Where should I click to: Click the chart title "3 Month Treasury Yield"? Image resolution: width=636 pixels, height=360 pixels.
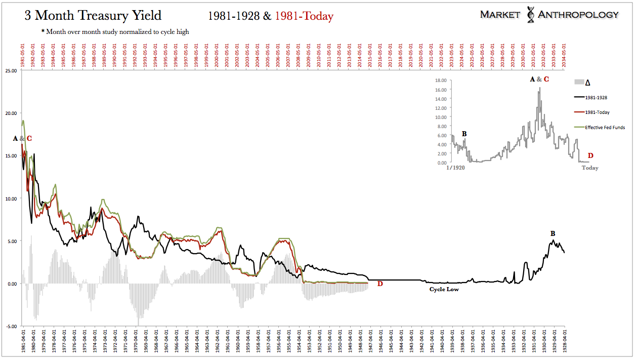tap(93, 16)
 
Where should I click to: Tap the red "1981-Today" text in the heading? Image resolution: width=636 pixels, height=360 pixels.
tap(304, 16)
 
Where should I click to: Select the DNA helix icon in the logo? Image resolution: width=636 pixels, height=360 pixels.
tap(530, 15)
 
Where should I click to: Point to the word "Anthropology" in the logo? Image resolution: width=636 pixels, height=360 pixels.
tap(578, 15)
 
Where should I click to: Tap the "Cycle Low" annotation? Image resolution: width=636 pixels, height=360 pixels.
tap(444, 289)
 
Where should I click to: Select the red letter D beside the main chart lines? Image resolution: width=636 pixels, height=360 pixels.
tap(380, 284)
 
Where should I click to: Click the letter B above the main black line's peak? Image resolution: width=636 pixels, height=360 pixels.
tap(553, 233)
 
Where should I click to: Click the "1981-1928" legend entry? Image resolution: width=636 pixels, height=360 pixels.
tap(596, 97)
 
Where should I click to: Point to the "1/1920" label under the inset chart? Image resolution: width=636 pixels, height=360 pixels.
tap(456, 168)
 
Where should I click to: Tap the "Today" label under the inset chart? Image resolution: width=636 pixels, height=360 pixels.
tap(589, 168)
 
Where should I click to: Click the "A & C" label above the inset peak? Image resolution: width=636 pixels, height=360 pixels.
tap(539, 79)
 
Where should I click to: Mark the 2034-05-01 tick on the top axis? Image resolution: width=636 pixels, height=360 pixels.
tap(564, 52)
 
